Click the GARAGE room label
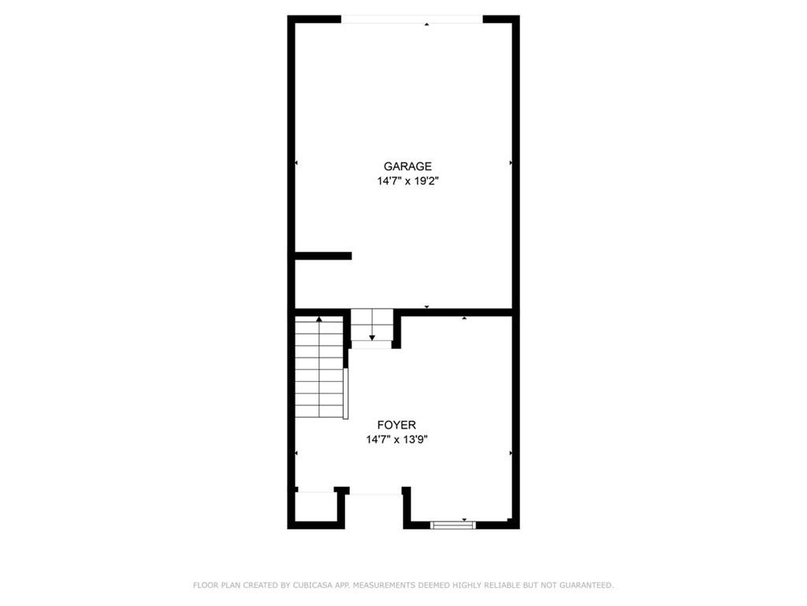click(x=407, y=166)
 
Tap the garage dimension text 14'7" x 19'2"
click(x=407, y=181)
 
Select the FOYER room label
click(x=396, y=425)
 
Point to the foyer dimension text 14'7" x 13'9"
click(x=397, y=440)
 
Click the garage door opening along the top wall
click(x=412, y=20)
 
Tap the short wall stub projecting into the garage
click(x=323, y=256)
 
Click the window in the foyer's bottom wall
click(x=453, y=525)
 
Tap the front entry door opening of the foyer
click(x=376, y=494)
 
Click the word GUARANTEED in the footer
click(x=586, y=585)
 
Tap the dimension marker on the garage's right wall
click(x=511, y=163)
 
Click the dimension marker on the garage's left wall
click(x=296, y=163)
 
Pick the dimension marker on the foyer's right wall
click(x=511, y=454)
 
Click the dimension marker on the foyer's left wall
click(x=296, y=454)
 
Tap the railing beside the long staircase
click(x=346, y=394)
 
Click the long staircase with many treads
click(x=319, y=367)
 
